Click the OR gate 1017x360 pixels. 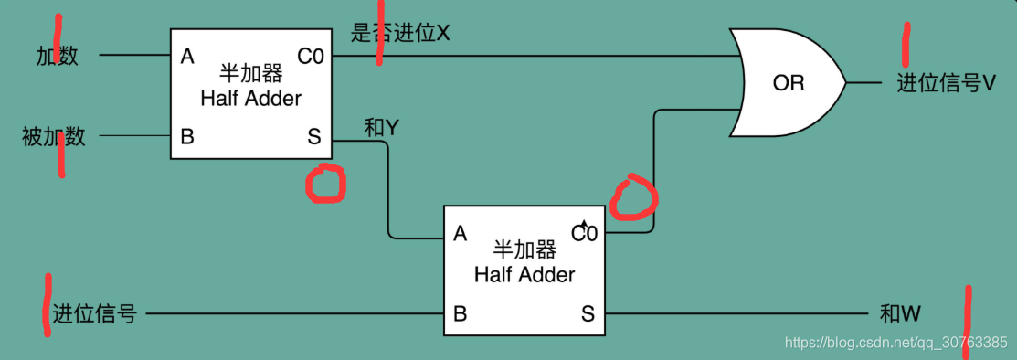click(x=788, y=82)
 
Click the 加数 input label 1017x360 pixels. click(x=57, y=56)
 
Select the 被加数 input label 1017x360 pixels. click(x=54, y=137)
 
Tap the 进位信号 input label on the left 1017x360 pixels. click(x=94, y=314)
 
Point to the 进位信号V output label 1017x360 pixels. click(x=945, y=83)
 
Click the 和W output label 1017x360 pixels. click(x=901, y=314)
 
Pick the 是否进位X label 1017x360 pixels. click(x=401, y=34)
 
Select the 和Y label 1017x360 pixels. click(x=381, y=129)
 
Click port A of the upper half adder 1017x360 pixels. click(x=187, y=57)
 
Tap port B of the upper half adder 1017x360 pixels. click(x=187, y=137)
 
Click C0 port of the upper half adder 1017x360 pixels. click(x=311, y=57)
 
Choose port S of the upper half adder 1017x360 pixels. click(x=314, y=137)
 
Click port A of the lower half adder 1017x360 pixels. click(x=461, y=234)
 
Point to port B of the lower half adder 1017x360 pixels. click(x=461, y=314)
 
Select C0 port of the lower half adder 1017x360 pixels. click(x=584, y=233)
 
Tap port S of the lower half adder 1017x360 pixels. click(x=588, y=314)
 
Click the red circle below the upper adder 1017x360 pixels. click(x=325, y=184)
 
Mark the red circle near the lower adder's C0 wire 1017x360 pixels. click(x=635, y=198)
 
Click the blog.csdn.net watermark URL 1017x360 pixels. click(x=895, y=343)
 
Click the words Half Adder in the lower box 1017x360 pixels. click(x=524, y=274)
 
